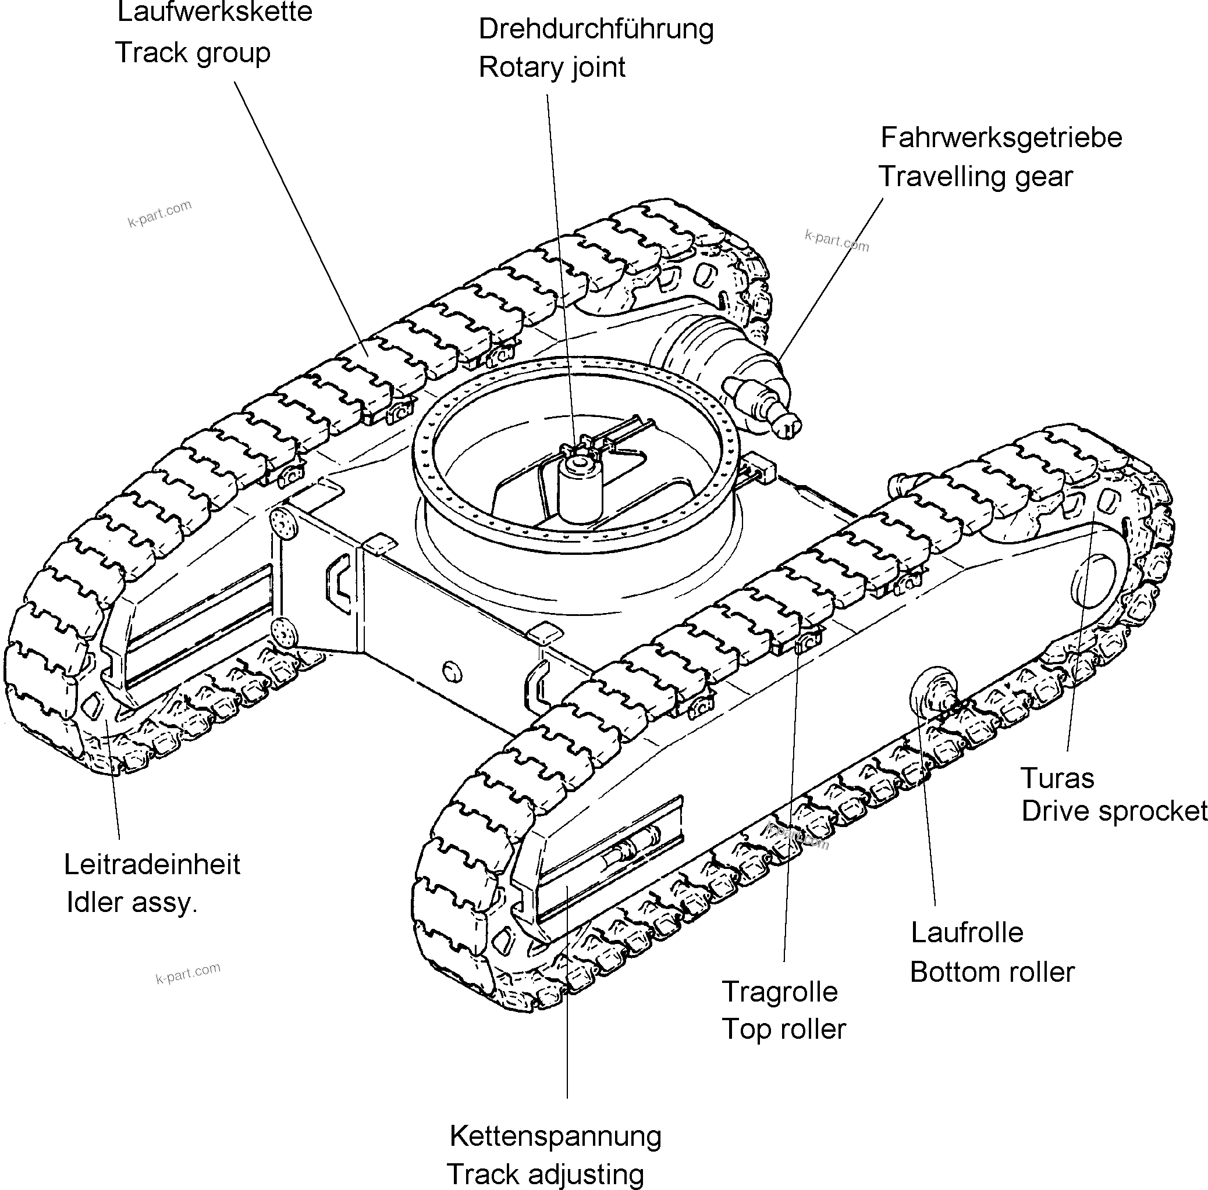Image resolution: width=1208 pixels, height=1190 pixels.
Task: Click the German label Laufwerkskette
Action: point(215,12)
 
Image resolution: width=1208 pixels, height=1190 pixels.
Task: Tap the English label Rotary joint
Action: point(552,67)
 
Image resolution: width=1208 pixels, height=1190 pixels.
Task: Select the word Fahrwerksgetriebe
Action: point(1001,138)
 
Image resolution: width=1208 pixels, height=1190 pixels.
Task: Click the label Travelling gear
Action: point(975,177)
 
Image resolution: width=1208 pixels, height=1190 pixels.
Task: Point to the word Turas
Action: point(1057,779)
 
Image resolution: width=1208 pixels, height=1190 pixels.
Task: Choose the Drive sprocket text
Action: point(1114,811)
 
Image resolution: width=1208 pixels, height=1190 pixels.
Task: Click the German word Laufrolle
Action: point(967,932)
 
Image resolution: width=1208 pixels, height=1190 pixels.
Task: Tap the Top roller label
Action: point(783,1029)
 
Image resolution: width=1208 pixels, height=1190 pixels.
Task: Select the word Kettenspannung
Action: point(555,1136)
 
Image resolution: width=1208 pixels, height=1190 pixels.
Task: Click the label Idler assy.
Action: point(132,903)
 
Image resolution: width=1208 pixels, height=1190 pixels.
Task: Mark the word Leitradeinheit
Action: point(152,864)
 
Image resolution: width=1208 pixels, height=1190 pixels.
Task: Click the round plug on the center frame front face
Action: point(452,672)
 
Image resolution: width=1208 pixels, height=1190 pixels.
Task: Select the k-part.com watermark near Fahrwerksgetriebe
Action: point(837,241)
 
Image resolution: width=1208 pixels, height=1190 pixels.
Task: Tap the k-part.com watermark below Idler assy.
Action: point(187,973)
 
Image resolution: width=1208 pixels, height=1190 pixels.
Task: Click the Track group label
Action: point(193,53)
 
